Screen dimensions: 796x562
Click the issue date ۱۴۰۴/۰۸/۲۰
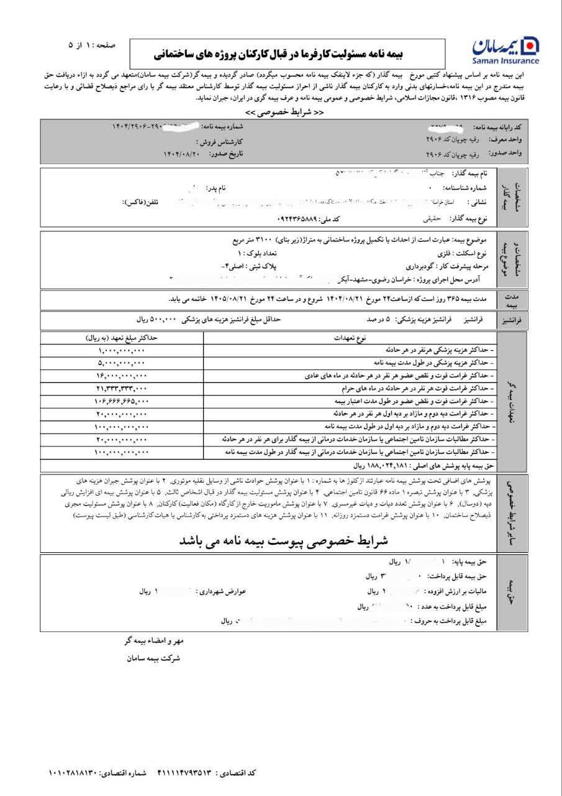tap(181, 153)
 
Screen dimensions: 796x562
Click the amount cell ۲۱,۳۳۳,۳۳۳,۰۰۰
tap(122, 388)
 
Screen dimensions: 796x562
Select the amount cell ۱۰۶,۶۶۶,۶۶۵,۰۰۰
tap(122, 401)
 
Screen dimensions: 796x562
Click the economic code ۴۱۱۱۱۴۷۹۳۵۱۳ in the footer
tap(183, 773)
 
